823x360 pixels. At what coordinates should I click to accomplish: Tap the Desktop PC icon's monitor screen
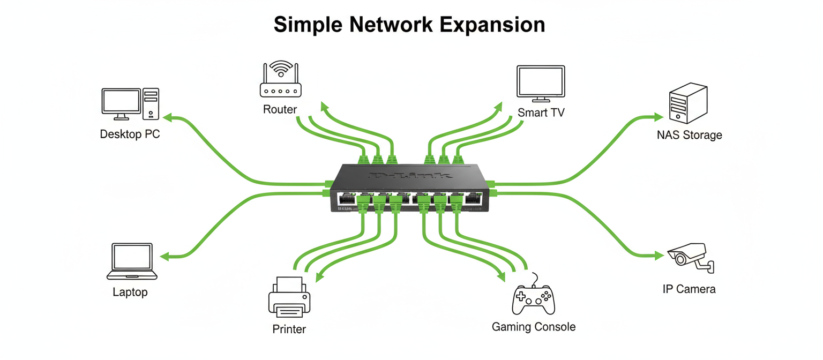[122, 101]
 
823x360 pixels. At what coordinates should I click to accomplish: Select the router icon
[280, 80]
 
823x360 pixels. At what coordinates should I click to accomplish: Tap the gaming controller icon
[533, 300]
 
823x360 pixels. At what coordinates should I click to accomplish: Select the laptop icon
[132, 262]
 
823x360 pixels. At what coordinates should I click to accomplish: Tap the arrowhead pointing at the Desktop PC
[167, 117]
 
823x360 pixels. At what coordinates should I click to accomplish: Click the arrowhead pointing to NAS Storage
[658, 117]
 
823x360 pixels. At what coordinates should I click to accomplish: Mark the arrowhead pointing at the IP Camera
[659, 256]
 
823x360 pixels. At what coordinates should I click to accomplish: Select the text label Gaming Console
[533, 327]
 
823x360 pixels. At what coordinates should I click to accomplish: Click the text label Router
[280, 110]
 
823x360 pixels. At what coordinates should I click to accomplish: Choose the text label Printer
[289, 329]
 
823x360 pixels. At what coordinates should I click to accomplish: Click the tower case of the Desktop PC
[151, 104]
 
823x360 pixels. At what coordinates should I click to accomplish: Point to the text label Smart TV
[541, 113]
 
